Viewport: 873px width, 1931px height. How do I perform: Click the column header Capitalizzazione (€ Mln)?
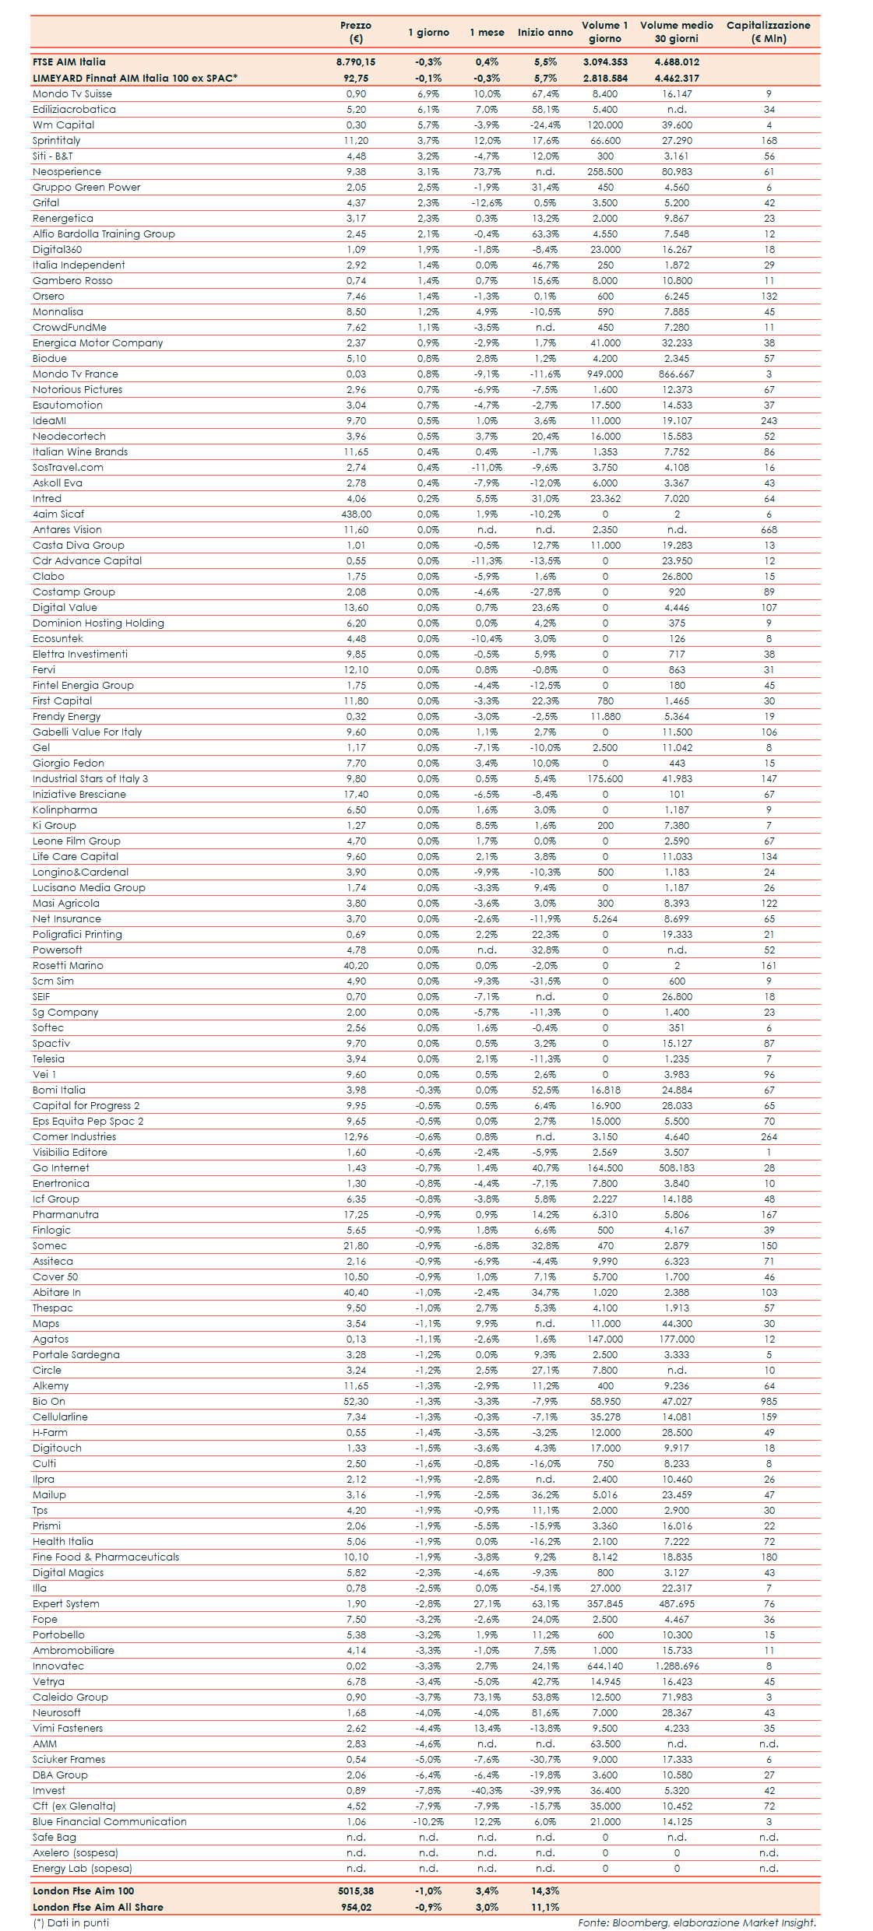(x=768, y=32)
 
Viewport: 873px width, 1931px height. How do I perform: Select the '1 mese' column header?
(x=487, y=33)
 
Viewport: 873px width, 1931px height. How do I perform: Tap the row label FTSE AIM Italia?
(x=69, y=62)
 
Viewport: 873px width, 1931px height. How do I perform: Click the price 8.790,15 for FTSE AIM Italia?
(x=356, y=62)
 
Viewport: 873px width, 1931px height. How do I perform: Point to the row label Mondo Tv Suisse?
(x=72, y=94)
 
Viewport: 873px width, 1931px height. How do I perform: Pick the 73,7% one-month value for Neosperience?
(x=487, y=172)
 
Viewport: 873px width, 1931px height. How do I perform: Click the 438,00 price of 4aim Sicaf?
(x=356, y=514)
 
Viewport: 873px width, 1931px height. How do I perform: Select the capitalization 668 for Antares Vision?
(x=769, y=530)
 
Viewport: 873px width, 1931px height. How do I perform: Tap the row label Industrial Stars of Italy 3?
(x=90, y=779)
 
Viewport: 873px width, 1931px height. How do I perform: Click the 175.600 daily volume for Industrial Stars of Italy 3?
(x=605, y=779)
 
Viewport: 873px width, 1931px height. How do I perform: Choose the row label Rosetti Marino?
(x=68, y=966)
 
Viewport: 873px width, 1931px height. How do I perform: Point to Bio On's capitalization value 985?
(x=769, y=1402)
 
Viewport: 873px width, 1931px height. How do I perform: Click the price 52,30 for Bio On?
(x=356, y=1402)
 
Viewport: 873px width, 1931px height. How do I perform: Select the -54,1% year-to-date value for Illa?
(x=545, y=1589)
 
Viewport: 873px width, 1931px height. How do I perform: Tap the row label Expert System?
(x=66, y=1604)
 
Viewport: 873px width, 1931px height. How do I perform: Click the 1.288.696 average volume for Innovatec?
(x=677, y=1666)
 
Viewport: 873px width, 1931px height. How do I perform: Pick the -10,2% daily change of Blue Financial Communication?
(x=428, y=1822)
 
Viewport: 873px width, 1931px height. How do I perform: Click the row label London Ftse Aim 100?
(x=83, y=1891)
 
